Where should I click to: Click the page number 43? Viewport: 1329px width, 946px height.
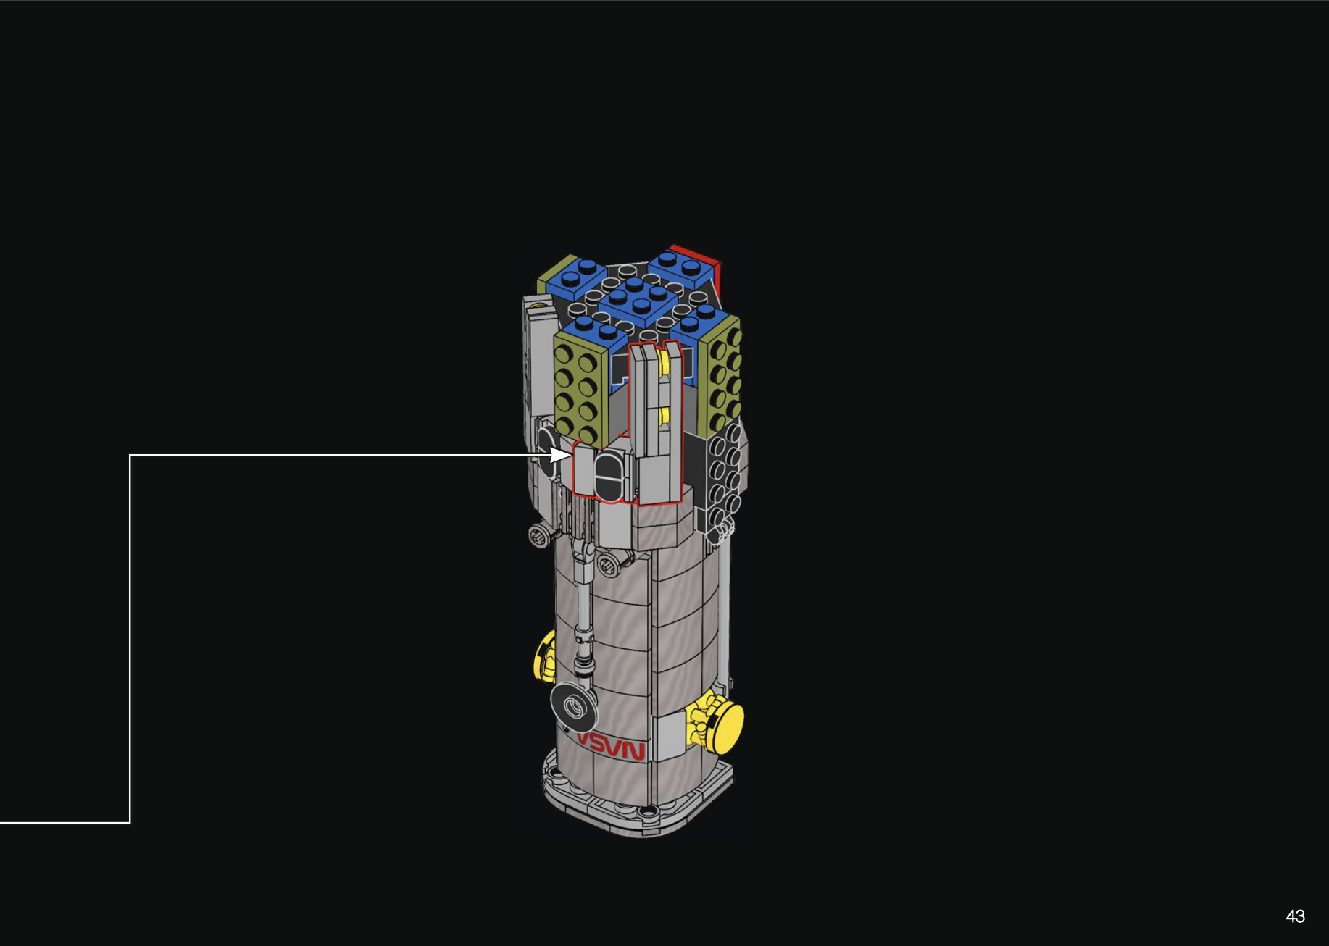[x=1295, y=916]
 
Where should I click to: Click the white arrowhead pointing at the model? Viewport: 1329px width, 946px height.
[x=560, y=455]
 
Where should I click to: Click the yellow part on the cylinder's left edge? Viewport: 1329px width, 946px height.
[x=544, y=656]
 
